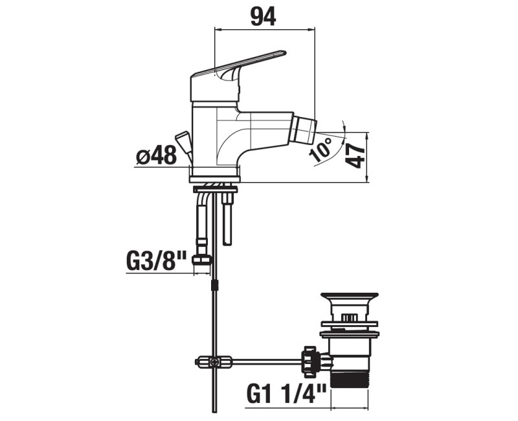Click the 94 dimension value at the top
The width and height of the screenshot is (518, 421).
pyautogui.click(x=263, y=17)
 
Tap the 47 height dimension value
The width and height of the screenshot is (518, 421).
pyautogui.click(x=355, y=157)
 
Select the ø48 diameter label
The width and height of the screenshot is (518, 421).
pyautogui.click(x=156, y=155)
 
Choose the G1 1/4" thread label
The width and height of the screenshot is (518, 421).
pyautogui.click(x=286, y=394)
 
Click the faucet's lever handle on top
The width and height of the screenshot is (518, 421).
pyautogui.click(x=238, y=76)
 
